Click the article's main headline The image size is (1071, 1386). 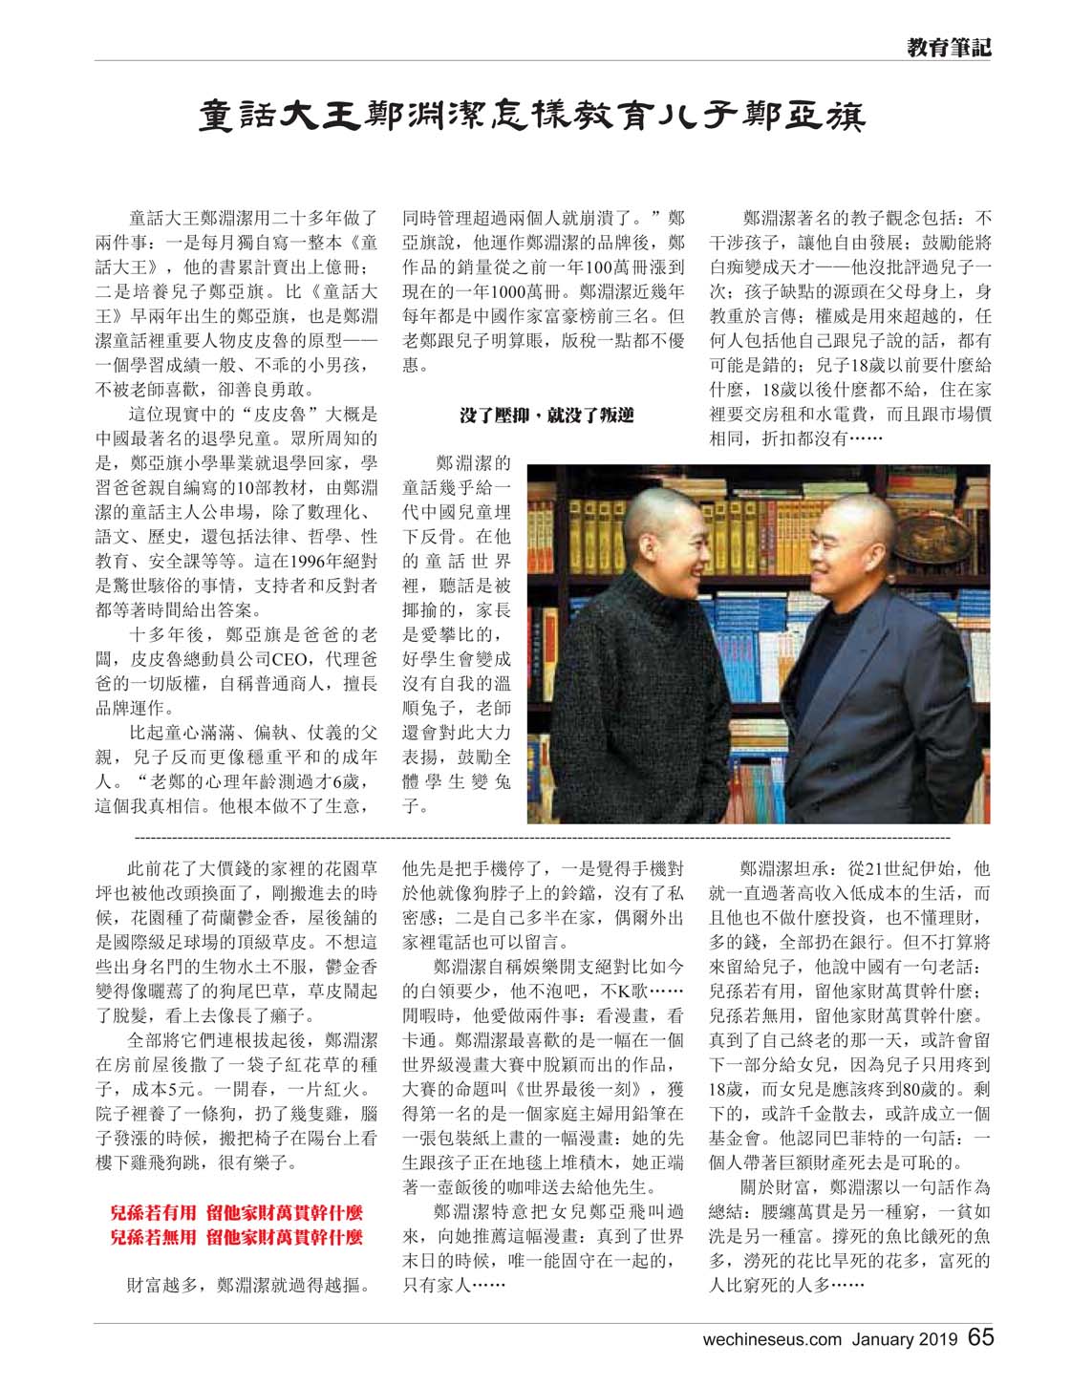pyautogui.click(x=532, y=117)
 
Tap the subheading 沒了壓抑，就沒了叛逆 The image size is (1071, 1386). pyautogui.click(x=546, y=416)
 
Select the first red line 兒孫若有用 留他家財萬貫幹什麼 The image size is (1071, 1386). pyautogui.click(x=236, y=1213)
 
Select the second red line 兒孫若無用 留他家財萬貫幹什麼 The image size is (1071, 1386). pyautogui.click(x=236, y=1237)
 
